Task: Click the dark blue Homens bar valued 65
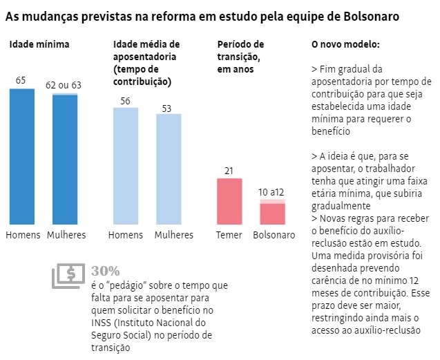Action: pos(22,157)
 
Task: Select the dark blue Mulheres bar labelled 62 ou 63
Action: pos(66,160)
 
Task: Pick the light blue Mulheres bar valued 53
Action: pos(169,169)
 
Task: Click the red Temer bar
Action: pos(230,202)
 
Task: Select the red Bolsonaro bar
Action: pos(273,214)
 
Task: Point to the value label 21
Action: pos(230,171)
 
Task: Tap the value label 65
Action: pos(21,81)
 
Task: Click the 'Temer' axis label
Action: pos(229,235)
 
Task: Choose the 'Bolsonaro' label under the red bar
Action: pos(274,235)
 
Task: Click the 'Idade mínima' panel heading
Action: pos(39,45)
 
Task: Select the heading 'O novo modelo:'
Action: pos(345,45)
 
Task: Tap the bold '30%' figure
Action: pos(106,270)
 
